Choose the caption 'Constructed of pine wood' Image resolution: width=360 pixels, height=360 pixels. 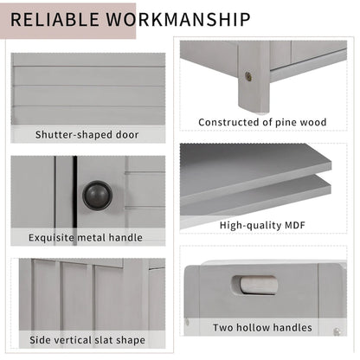click(262, 122)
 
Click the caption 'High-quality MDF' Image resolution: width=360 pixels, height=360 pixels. click(262, 226)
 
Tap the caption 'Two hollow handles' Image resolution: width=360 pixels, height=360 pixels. click(262, 328)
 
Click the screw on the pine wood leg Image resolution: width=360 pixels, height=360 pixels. click(249, 77)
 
